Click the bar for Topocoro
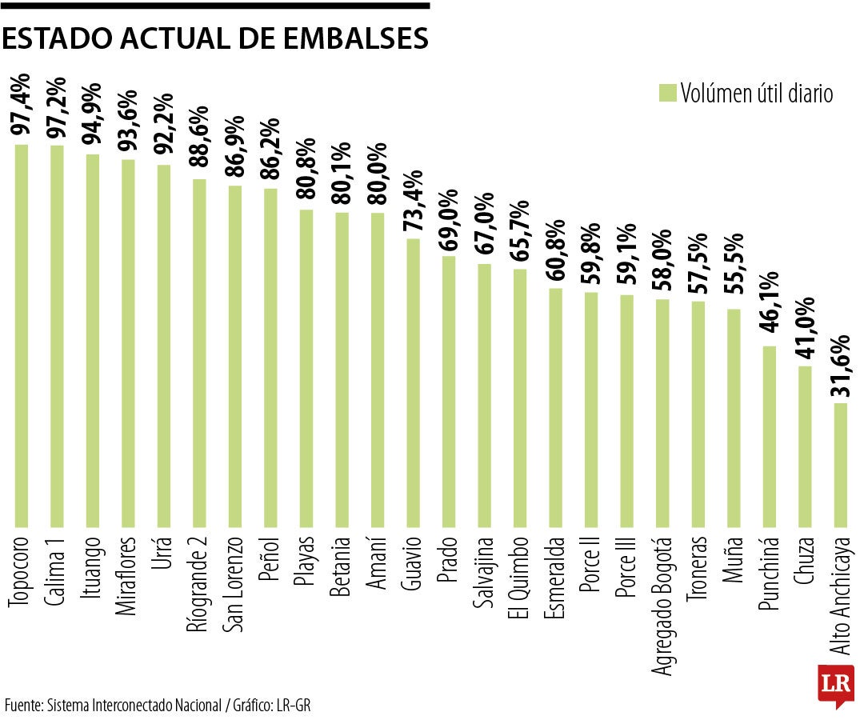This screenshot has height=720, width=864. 22,336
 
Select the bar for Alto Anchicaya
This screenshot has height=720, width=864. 840,465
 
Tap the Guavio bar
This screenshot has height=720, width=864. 413,383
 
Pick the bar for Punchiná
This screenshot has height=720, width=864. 769,437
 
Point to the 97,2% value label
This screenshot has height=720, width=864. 57,109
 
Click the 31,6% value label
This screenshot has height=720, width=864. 840,367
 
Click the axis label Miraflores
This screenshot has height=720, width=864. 128,577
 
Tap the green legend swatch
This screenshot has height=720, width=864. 666,93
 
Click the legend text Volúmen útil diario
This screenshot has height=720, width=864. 757,94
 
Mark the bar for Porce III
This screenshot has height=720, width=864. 626,411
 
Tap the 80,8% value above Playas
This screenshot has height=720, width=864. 306,174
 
